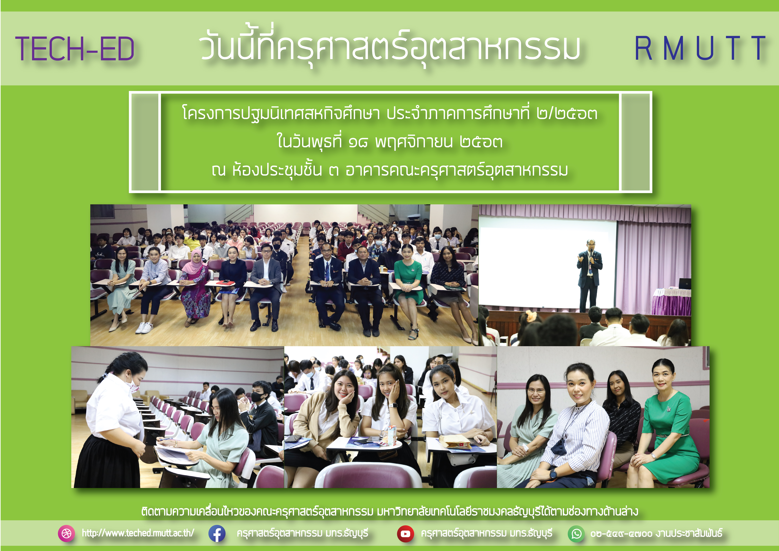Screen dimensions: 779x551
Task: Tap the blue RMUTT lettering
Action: [x=700, y=48]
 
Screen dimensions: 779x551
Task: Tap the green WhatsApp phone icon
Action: [x=576, y=534]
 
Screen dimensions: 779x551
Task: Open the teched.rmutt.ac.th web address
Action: [x=138, y=533]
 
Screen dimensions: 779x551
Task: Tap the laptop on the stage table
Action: [x=685, y=284]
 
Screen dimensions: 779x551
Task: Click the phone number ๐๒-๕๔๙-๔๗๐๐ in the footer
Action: [x=621, y=534]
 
